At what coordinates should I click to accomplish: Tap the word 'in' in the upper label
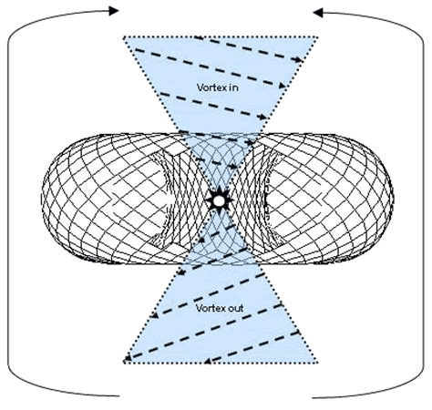click(x=233, y=87)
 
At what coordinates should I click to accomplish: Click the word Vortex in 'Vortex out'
click(x=210, y=308)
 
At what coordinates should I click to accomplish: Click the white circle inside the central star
click(x=219, y=200)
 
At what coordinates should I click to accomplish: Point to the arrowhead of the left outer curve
click(x=114, y=11)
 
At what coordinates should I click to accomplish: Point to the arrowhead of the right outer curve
click(x=318, y=13)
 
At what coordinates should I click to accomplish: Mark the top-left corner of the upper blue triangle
click(x=123, y=37)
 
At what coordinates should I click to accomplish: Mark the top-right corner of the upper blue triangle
click(x=318, y=37)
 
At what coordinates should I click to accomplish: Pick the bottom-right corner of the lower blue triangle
click(x=317, y=362)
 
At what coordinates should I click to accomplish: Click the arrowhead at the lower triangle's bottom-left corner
click(x=129, y=358)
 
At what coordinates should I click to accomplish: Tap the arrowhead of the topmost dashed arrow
click(x=299, y=59)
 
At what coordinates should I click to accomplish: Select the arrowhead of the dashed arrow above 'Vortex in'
click(x=282, y=86)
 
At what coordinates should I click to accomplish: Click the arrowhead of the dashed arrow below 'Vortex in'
click(x=262, y=117)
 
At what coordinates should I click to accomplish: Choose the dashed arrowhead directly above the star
click(x=233, y=167)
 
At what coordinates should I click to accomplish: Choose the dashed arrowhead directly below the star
click(x=201, y=240)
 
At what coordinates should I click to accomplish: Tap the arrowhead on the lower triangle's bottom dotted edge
click(x=209, y=361)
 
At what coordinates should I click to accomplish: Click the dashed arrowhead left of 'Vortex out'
click(x=155, y=315)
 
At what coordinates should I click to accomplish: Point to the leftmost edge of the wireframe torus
click(x=42, y=198)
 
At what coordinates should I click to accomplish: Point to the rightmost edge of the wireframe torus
click(x=393, y=198)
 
